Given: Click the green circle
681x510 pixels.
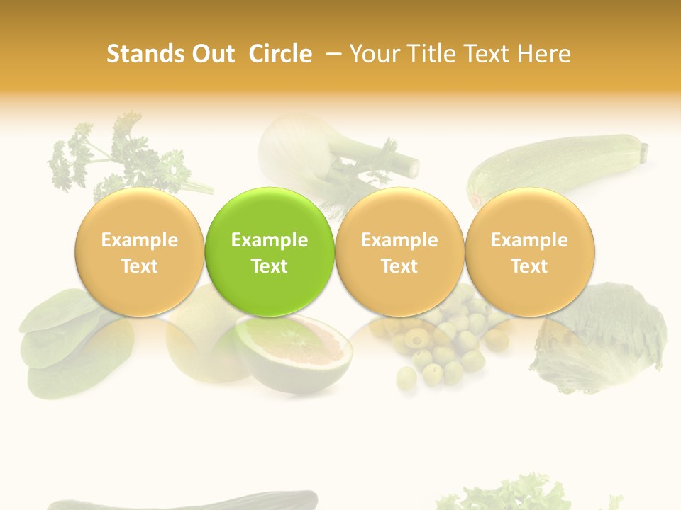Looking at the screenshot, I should pyautogui.click(x=270, y=252).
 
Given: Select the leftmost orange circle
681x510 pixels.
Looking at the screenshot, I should pyautogui.click(x=139, y=252).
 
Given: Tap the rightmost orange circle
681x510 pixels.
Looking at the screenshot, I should pyautogui.click(x=530, y=252).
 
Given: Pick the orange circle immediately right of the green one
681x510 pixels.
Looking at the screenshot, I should pyautogui.click(x=399, y=252).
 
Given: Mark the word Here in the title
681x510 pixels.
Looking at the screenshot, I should pyautogui.click(x=544, y=55).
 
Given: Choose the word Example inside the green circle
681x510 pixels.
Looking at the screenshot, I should pyautogui.click(x=270, y=240).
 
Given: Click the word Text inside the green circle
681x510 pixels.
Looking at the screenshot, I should pyautogui.click(x=270, y=266).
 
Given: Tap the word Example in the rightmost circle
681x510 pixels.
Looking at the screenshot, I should pyautogui.click(x=530, y=240).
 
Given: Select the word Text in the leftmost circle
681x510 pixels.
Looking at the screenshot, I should pyautogui.click(x=139, y=266).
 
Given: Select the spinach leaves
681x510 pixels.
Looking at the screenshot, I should pyautogui.click(x=64, y=340).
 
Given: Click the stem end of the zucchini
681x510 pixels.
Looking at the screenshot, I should pyautogui.click(x=644, y=150).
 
